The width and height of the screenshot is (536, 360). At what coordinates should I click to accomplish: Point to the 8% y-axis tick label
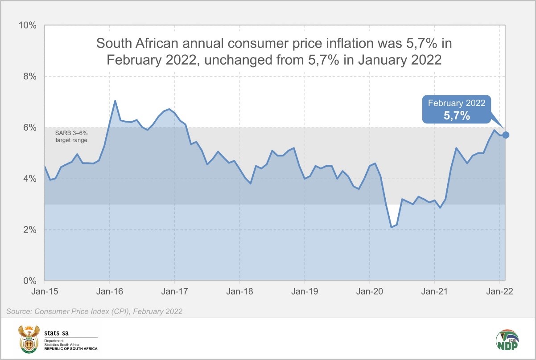(29, 76)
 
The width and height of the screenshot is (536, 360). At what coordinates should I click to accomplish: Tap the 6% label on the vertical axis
(29, 127)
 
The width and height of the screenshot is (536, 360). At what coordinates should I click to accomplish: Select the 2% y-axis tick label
(29, 230)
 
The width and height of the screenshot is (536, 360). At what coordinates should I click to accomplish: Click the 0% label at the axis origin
(29, 281)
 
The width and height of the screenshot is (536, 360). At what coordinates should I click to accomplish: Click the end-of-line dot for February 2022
(506, 135)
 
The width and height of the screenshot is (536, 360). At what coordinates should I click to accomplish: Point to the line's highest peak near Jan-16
(115, 101)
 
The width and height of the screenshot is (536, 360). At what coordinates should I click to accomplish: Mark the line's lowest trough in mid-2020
(391, 227)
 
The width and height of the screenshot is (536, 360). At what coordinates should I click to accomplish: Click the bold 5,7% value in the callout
(456, 116)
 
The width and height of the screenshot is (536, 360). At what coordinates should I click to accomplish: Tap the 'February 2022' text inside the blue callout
(456, 103)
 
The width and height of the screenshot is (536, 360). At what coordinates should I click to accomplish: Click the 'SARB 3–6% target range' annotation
(71, 136)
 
